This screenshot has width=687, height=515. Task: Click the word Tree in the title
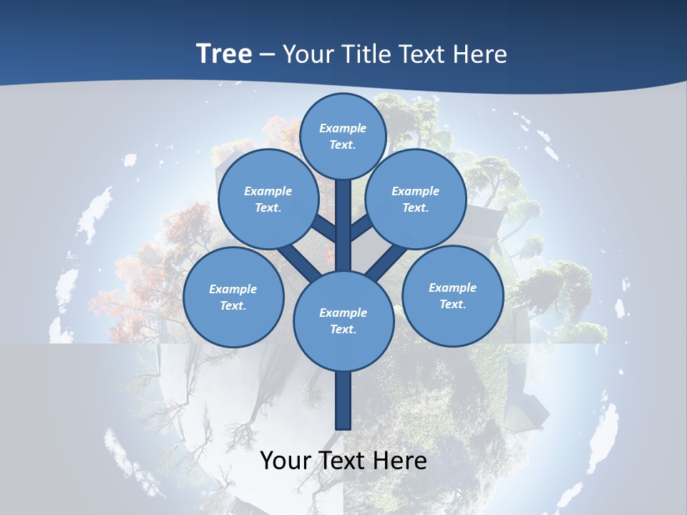tap(224, 54)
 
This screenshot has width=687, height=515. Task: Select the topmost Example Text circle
tap(343, 136)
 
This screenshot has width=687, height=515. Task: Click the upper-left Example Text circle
tap(268, 199)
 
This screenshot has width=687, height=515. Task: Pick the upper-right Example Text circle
tap(415, 199)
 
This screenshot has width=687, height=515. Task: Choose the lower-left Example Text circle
tap(233, 297)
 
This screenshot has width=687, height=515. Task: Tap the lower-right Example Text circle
tap(452, 295)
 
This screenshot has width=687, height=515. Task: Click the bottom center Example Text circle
tap(343, 320)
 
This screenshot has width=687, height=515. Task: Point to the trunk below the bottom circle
tap(343, 401)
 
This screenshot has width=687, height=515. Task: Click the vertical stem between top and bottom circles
tap(343, 229)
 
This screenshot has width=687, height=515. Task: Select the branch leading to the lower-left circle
tap(298, 263)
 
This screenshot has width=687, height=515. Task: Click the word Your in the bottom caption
tap(283, 460)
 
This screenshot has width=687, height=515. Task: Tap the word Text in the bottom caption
tap(341, 460)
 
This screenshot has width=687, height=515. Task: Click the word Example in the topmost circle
tap(343, 128)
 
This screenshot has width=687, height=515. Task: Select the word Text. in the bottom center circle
tap(343, 329)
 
